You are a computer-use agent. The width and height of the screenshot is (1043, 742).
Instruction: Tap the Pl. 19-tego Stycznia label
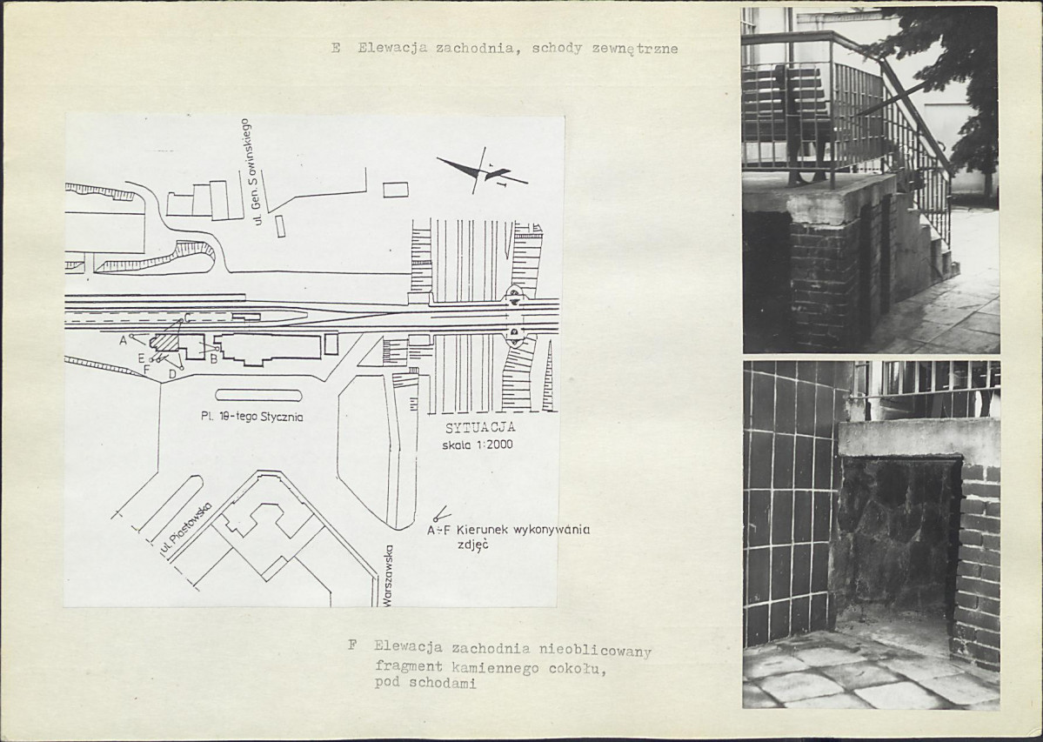[252, 418]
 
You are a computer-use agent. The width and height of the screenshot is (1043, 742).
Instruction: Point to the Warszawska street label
[389, 576]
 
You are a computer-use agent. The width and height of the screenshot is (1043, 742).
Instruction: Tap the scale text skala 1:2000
[478, 445]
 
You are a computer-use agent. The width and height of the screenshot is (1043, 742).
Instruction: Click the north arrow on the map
[482, 171]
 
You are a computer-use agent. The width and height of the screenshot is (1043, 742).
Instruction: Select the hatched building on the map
[165, 342]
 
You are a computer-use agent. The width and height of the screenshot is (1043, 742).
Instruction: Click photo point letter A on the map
[123, 340]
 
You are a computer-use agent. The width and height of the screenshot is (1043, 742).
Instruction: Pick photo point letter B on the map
[213, 359]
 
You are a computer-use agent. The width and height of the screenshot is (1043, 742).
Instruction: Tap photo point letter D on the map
[172, 374]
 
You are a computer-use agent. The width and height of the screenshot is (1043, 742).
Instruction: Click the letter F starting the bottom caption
[352, 645]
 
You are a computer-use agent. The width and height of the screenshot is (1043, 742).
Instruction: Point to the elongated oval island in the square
[258, 395]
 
